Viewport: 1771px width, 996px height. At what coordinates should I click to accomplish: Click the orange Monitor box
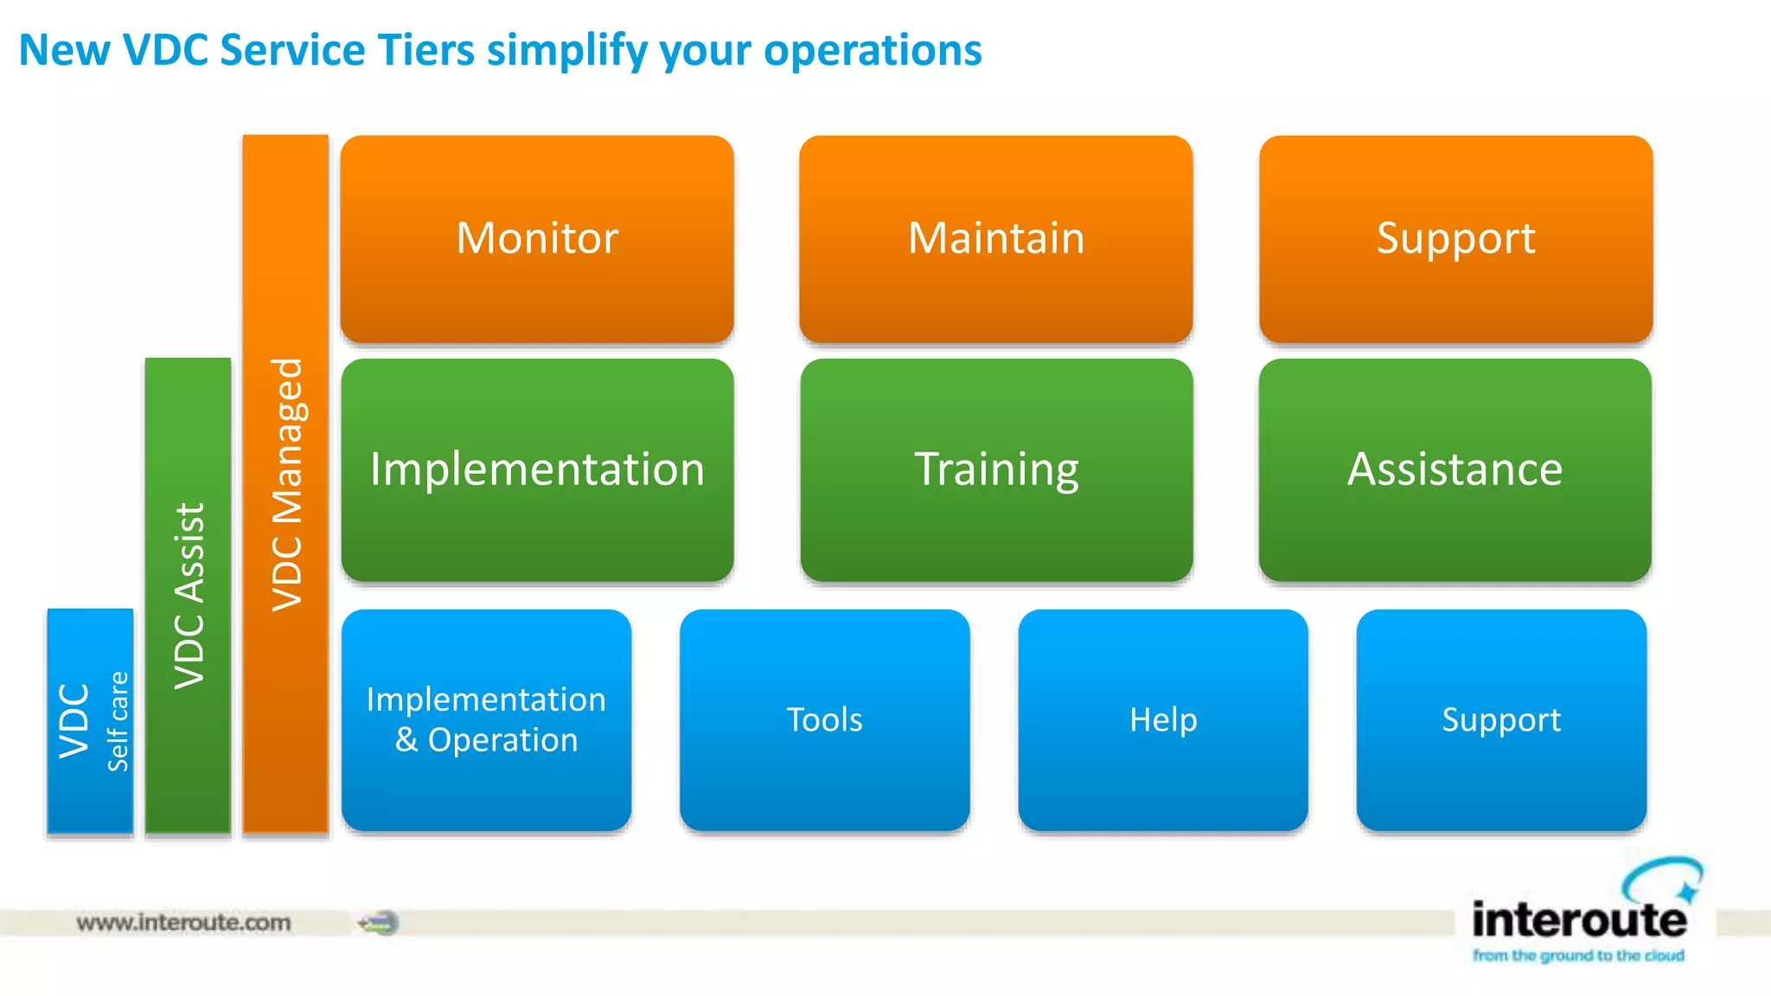pyautogui.click(x=537, y=239)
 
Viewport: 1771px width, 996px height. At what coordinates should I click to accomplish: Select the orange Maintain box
pyautogui.click(x=996, y=239)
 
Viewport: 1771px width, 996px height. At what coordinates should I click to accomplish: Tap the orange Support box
pyautogui.click(x=1455, y=239)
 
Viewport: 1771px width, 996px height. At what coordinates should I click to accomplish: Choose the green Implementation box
pyautogui.click(x=537, y=469)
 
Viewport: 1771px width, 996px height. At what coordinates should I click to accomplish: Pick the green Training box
pyautogui.click(x=996, y=469)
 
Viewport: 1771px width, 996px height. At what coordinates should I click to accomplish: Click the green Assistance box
pyautogui.click(x=1455, y=469)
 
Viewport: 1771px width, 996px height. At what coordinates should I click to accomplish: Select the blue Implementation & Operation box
pyautogui.click(x=486, y=719)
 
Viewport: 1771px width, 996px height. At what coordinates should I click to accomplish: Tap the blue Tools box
pyautogui.click(x=824, y=719)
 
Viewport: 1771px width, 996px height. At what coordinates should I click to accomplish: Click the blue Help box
pyautogui.click(x=1163, y=719)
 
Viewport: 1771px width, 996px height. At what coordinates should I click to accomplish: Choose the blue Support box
pyautogui.click(x=1501, y=719)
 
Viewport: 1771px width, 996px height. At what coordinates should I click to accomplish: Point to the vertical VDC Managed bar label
pyautogui.click(x=287, y=484)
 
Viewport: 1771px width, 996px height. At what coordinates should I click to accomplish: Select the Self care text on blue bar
pyautogui.click(x=118, y=721)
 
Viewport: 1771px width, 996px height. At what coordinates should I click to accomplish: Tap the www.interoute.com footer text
pyautogui.click(x=183, y=923)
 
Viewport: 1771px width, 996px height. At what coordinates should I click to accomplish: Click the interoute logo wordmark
pyautogui.click(x=1579, y=920)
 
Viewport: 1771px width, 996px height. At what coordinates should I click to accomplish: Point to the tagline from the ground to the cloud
pyautogui.click(x=1578, y=955)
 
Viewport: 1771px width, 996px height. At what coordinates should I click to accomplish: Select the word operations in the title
pyautogui.click(x=873, y=50)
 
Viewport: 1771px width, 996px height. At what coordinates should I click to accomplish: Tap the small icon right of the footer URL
pyautogui.click(x=380, y=923)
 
